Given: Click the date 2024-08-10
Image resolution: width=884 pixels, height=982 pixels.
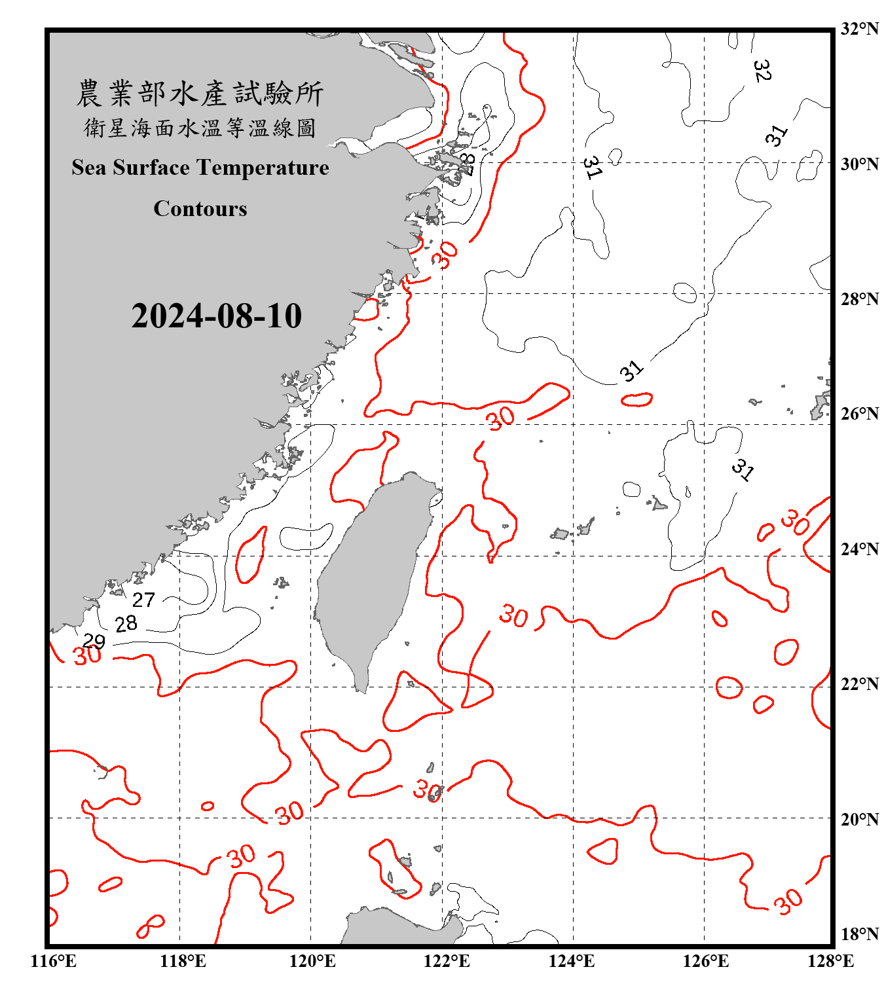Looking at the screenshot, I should pos(216,316).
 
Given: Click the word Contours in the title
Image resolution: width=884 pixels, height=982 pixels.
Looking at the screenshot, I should pos(200,209).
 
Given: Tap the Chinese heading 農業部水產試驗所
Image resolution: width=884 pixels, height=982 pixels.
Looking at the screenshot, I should pos(200,94).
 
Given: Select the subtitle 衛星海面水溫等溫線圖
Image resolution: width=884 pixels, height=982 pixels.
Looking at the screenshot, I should pos(200,128).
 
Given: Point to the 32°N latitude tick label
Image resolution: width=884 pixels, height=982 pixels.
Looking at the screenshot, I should pos(859,29).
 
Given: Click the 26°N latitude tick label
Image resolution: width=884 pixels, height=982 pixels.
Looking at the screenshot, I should pos(859,414).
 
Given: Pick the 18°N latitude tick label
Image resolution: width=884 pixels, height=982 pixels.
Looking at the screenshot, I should pos(859,934).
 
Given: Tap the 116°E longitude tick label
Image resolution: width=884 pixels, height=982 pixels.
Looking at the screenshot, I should pos(54,961).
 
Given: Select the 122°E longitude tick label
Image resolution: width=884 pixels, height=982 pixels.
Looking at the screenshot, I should pos(447,961).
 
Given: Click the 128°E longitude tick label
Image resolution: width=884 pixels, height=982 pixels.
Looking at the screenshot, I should pos(830,961).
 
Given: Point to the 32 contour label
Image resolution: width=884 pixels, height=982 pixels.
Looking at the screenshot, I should pos(762,70).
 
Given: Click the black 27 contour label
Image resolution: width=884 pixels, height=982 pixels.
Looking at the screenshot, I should pos(143,600).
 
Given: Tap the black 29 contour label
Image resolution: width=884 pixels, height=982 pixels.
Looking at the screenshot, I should pos(94,641).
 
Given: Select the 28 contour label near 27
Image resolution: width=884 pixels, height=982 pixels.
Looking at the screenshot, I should pos(126,624).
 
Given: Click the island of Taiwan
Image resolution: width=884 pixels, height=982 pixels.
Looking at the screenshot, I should pos(373,576).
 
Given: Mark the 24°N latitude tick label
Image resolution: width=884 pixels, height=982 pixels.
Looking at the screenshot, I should pos(859,549).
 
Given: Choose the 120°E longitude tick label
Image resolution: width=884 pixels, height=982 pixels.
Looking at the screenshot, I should pos(312,961).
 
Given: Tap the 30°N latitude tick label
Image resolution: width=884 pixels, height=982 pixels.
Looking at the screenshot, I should pos(859,164).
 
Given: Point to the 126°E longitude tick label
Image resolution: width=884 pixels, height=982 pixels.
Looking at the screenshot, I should pos(706,961).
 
